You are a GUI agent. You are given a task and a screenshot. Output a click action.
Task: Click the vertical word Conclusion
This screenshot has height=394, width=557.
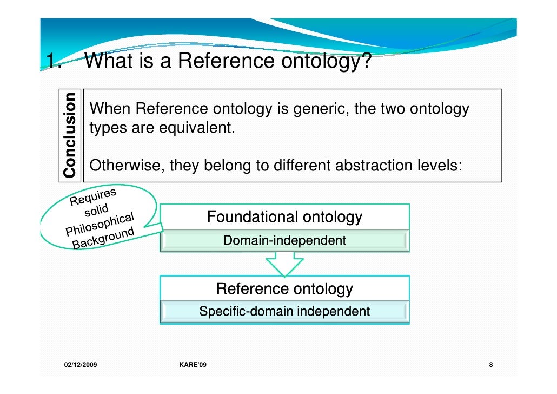69,135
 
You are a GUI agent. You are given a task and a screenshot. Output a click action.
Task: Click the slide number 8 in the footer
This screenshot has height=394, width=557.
490,365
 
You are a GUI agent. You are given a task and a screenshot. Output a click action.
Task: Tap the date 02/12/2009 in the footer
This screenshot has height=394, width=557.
77,365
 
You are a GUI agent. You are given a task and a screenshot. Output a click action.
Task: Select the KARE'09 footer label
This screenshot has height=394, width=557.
192,365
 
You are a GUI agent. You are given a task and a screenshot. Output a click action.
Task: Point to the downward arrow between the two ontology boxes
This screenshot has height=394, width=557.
284,264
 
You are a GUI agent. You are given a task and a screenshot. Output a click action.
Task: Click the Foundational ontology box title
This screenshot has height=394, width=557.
284,218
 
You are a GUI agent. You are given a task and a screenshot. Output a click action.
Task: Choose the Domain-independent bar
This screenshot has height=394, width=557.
284,240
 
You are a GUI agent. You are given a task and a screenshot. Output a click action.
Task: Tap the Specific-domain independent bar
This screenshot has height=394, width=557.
284,312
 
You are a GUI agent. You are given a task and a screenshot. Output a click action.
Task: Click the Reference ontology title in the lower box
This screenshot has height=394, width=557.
284,289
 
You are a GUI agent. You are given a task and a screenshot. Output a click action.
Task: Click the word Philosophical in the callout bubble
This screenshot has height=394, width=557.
100,225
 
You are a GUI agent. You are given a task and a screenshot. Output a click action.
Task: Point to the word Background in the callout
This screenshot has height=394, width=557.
103,238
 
